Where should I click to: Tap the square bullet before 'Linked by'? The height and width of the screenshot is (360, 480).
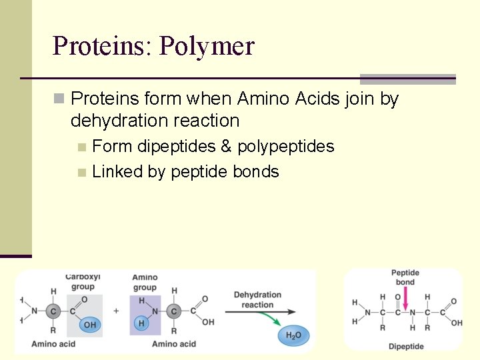tap(81, 172)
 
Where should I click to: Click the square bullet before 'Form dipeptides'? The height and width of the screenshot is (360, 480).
tap(81, 147)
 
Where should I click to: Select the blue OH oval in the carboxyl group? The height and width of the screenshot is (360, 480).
tap(89, 325)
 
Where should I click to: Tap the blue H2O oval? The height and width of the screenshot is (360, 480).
tap(293, 335)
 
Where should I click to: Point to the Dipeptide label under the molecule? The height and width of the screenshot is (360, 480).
tap(406, 347)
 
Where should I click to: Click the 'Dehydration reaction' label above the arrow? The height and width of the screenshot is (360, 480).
tap(257, 299)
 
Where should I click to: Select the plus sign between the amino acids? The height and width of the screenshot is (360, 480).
tap(116, 311)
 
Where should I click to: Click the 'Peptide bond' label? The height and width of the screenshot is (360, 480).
tap(405, 277)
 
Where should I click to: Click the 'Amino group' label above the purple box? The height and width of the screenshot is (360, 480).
tap(145, 283)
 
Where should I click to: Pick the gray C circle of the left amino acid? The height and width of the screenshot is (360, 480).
tap(55, 311)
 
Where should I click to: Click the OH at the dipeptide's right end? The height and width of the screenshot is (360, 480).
tap(457, 323)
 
